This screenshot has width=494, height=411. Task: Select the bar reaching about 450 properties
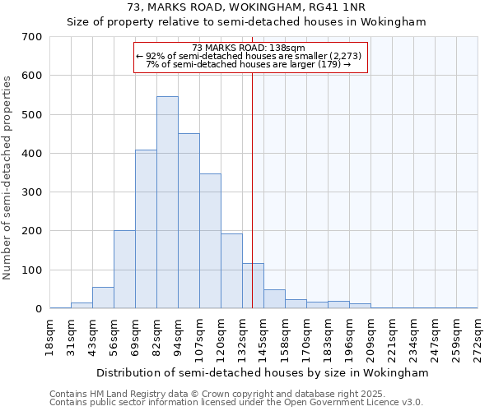coord(189,221)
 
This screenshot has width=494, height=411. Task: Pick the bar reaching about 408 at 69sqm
coord(146,229)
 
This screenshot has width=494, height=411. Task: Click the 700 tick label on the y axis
coord(32,37)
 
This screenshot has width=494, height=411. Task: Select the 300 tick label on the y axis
coord(32,192)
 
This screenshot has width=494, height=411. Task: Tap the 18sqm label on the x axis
coord(49,337)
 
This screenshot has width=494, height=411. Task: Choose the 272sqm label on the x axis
coord(478,337)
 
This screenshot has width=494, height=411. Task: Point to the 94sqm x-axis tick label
coord(179,337)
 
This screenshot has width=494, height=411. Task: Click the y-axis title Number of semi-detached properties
coord(8,177)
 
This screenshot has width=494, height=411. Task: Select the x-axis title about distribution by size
coord(263,372)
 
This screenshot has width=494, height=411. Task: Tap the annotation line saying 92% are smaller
coord(250,56)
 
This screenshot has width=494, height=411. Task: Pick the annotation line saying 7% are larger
coord(250,64)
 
